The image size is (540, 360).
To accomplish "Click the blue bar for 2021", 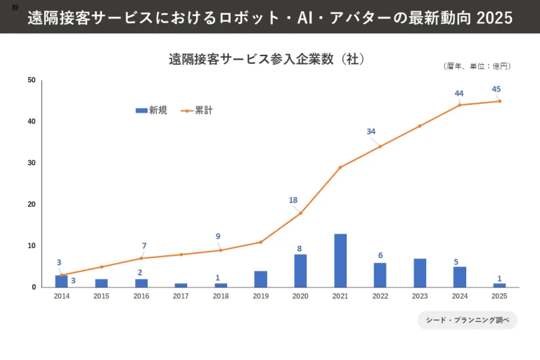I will point(340,260).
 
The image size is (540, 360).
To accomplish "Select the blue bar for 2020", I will point(300,271).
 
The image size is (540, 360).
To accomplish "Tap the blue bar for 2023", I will point(420,273).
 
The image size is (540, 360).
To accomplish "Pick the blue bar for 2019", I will point(261,278).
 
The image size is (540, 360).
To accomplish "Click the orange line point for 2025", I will point(499,101).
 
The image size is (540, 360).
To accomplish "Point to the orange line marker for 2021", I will point(340,167).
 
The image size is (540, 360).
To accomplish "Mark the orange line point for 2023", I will point(420,126).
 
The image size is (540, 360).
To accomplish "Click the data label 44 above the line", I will point(459,94).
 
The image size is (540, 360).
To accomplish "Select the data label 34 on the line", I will point(371,131).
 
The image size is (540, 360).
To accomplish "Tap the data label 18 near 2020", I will point(293,200).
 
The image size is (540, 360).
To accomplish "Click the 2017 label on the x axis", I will point(181,296).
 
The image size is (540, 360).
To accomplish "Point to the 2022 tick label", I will point(380,296).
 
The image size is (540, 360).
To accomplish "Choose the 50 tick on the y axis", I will point(32,80).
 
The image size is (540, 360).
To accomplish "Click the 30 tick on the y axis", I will point(32,163).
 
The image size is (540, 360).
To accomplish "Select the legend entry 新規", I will point(152,110).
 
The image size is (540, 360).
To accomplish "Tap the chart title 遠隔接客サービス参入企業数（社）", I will point(266,59).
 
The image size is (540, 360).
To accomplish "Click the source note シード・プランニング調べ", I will point(468,321).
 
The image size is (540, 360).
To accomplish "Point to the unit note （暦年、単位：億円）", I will point(477,66).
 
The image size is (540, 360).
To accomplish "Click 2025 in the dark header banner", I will point(494,18).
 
